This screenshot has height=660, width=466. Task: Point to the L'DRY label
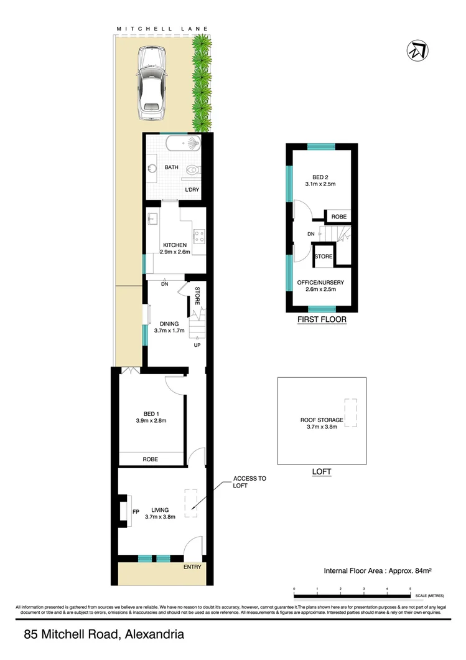[x=192, y=190]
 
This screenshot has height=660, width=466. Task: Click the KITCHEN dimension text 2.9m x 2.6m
[x=175, y=252]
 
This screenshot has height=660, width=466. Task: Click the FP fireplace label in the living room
[x=136, y=512]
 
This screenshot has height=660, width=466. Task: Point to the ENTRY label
[x=192, y=567]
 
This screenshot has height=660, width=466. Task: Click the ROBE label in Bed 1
[x=150, y=459]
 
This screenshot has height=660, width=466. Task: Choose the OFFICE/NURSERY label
[x=320, y=282]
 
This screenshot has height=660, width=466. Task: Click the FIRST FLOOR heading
[x=322, y=319]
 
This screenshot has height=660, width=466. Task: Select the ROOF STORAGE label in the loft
[x=322, y=420]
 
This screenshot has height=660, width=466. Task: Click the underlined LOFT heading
[x=321, y=472]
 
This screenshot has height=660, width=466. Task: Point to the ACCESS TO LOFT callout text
[x=249, y=483]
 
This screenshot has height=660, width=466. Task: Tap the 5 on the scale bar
[x=410, y=588]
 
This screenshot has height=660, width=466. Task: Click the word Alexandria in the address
[x=154, y=636]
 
